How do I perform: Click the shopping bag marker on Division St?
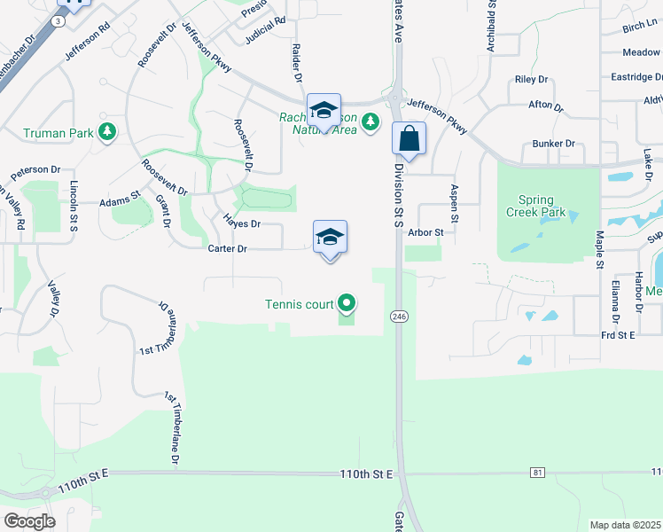409,139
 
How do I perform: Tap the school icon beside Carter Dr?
330,238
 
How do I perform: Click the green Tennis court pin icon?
347,305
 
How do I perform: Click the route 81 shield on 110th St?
538,473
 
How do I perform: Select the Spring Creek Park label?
531,207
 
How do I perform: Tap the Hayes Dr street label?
242,224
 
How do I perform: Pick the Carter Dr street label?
227,249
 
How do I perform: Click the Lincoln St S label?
74,207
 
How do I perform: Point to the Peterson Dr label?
36,169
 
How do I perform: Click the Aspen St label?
455,203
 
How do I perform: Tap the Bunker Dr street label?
554,144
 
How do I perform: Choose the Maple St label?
600,250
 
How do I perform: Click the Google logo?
29,520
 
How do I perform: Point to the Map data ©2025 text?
625,525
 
